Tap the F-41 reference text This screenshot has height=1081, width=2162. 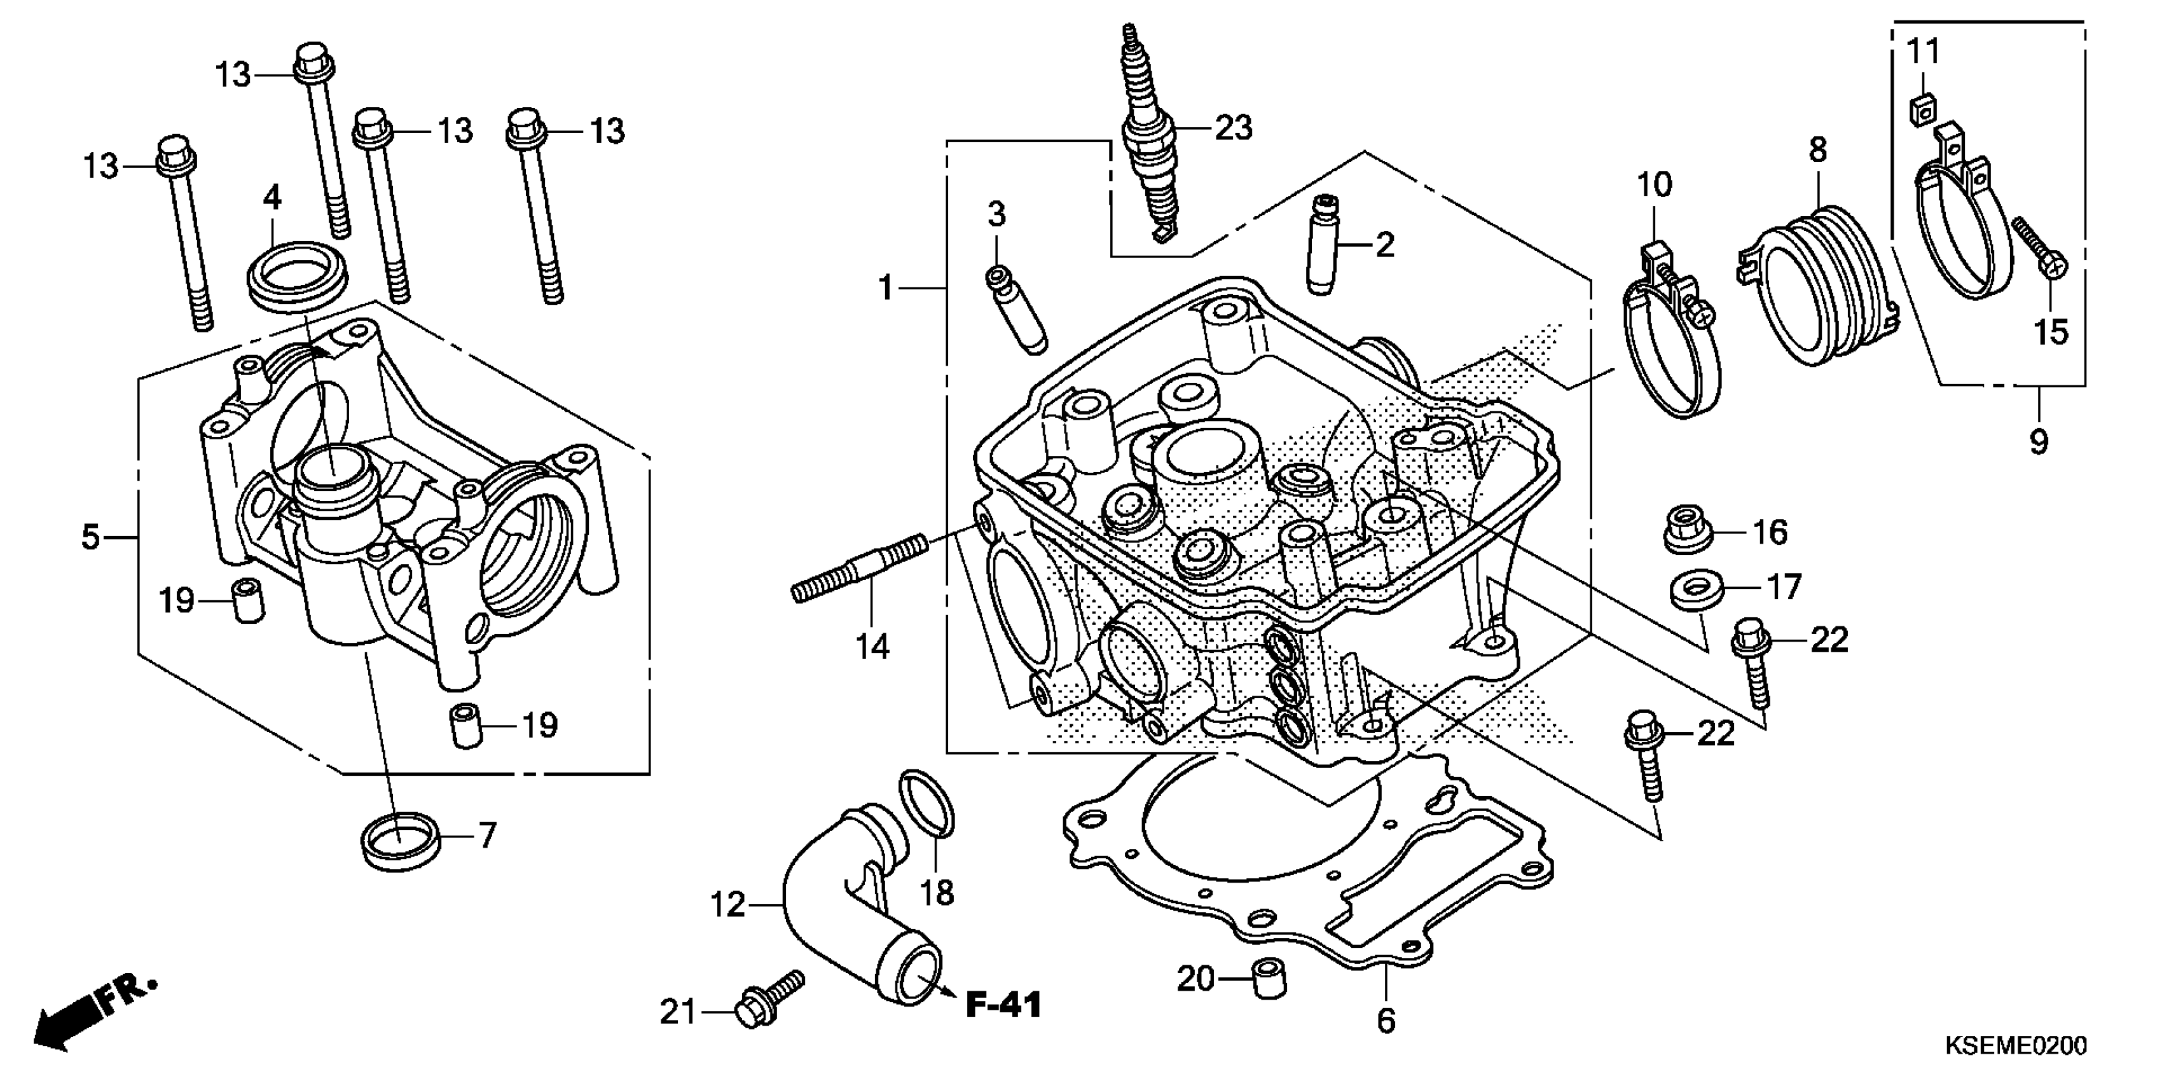[x=1003, y=1005]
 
